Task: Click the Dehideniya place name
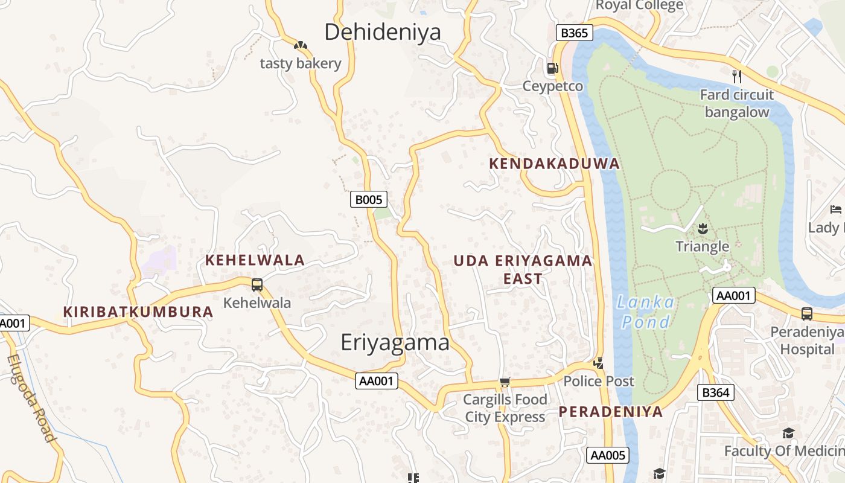[x=383, y=32]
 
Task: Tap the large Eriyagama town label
[x=395, y=342]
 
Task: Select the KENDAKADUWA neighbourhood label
[x=554, y=164]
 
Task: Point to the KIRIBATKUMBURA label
[x=138, y=312]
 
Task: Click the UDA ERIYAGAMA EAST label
[x=523, y=269]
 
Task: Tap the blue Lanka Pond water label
[x=646, y=312]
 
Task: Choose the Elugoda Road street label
[x=32, y=398]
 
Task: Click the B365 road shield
[x=573, y=33]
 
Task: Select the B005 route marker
[x=368, y=199]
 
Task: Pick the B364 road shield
[x=716, y=392]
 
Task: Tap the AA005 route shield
[x=608, y=455]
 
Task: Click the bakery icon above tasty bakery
[x=300, y=45]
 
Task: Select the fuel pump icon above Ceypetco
[x=552, y=68]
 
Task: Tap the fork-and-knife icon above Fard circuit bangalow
[x=736, y=76]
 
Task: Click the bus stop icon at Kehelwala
[x=257, y=284]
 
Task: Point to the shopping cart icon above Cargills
[x=505, y=382]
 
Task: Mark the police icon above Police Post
[x=598, y=363]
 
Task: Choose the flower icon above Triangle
[x=702, y=228]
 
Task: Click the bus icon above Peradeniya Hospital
[x=806, y=313]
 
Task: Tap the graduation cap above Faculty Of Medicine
[x=788, y=433]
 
